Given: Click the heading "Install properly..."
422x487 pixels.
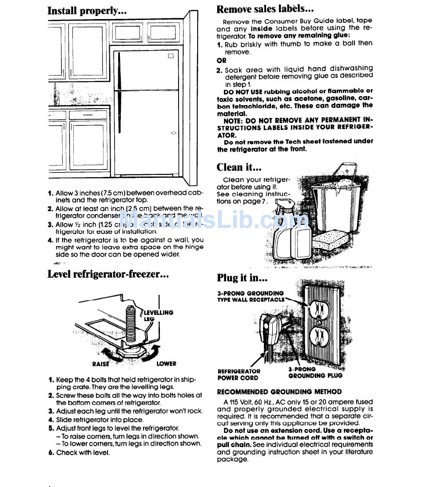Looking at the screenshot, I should click(x=87, y=11).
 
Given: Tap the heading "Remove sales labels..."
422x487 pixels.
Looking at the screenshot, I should click(x=265, y=9).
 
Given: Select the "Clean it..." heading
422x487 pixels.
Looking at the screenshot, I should click(x=239, y=167).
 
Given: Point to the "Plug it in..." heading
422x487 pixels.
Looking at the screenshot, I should click(x=242, y=278).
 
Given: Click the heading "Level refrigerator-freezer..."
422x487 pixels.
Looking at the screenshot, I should click(x=108, y=274).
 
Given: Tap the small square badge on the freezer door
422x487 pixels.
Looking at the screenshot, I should click(x=171, y=56).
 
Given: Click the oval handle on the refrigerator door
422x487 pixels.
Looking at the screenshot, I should click(x=173, y=133).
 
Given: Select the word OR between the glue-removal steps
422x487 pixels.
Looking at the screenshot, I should click(x=221, y=60).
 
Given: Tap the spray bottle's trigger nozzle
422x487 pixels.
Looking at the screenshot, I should click(x=283, y=204).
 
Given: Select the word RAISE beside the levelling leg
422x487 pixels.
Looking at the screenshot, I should click(x=100, y=364).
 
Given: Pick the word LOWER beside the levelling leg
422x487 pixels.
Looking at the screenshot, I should click(x=166, y=364).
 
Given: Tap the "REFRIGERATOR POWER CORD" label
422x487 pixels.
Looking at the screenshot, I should click(x=239, y=375).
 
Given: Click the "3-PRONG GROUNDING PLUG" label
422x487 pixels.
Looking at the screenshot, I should click(x=315, y=372).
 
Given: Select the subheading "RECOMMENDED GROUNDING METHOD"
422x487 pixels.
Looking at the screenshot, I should click(x=279, y=392).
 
